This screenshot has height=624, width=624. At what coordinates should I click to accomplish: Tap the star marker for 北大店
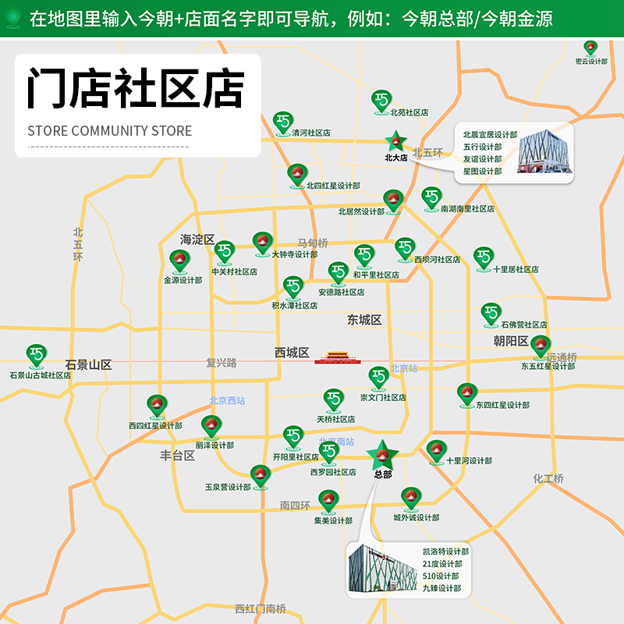[395, 142]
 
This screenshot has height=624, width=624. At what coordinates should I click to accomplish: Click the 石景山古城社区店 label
[40, 375]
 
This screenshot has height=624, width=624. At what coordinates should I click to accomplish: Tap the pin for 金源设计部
[179, 261]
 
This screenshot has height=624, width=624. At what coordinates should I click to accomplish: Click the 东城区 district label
[364, 320]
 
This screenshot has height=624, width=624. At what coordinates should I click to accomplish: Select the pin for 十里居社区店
[484, 257]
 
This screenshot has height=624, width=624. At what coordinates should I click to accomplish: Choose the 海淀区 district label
[197, 239]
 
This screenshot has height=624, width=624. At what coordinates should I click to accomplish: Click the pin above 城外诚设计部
[411, 497]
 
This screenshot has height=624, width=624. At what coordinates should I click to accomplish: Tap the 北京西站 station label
[227, 401]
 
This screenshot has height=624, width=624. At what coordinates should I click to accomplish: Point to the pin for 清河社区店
[282, 122]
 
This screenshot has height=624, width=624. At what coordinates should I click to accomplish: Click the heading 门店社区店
[136, 87]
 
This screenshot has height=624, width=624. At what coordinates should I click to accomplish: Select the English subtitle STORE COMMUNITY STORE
[109, 131]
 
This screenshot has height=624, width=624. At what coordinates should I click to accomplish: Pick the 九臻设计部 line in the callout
[441, 588]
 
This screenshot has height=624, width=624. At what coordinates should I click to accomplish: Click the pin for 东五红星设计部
[541, 346]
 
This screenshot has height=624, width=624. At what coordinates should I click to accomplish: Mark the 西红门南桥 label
[261, 608]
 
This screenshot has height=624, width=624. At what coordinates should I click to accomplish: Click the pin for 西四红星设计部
[157, 405]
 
